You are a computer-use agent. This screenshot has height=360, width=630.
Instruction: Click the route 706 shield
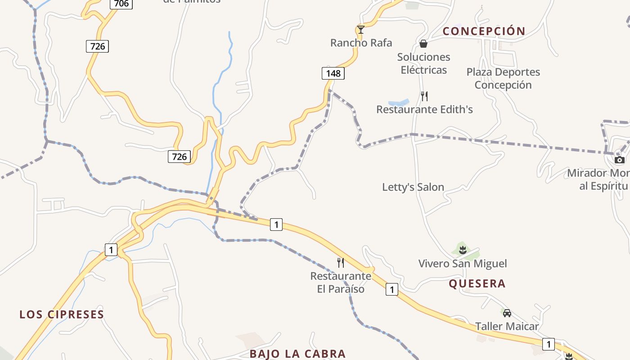pos(121,4)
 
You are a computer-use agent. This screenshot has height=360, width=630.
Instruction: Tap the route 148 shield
pos(333,73)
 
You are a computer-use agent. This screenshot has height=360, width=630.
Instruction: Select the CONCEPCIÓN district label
pos(484,31)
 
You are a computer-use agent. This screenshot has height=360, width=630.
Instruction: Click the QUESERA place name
pos(477,283)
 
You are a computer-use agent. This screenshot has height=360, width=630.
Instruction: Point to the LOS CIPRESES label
pos(62,314)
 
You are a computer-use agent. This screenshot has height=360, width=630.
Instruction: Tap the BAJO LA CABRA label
pos(297,354)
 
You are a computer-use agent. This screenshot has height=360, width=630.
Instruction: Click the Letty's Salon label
pos(413,187)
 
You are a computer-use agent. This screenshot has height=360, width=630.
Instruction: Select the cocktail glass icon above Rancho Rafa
pos(360,30)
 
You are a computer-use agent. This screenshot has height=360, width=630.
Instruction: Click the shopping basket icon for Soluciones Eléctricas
pos(423,44)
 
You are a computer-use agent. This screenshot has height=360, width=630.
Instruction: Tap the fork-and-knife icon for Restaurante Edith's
pos(424,96)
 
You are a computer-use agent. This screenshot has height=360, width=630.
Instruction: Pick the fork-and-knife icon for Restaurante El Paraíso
pos(341,263)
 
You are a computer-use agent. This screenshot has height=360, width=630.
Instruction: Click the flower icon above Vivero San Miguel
pos(463,249)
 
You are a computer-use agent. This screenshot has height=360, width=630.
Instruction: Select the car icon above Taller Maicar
pos(507,313)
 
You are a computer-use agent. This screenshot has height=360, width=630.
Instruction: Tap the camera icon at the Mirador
pos(620,160)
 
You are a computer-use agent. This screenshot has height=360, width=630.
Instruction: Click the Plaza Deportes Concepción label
pos(503,78)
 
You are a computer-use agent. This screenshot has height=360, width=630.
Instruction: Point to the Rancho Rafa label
pos(361,43)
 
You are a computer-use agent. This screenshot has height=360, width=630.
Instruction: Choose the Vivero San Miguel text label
pos(463,263)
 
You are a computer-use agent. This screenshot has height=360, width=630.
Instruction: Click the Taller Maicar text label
pos(507,326)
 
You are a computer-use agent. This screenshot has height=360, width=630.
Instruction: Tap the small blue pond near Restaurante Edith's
pos(399,103)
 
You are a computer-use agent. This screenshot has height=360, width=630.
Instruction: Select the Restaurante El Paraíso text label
pos(341,282)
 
